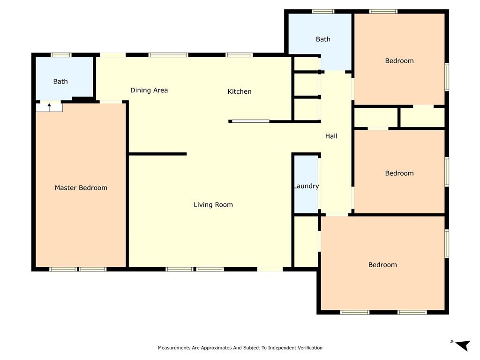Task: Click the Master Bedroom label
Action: click(x=81, y=188)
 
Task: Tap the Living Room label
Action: click(x=213, y=205)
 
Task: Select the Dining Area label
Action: click(x=149, y=90)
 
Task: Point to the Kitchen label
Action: click(x=240, y=91)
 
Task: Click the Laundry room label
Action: click(x=306, y=186)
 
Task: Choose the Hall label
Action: click(x=331, y=136)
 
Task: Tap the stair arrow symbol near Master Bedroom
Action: click(x=49, y=107)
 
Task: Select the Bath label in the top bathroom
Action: click(x=323, y=39)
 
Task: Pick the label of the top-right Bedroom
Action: click(x=399, y=61)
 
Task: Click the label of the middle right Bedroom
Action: click(x=399, y=173)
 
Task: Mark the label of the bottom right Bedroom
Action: click(x=382, y=265)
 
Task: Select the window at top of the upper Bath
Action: click(x=323, y=11)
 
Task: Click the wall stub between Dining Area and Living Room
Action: click(x=157, y=154)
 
